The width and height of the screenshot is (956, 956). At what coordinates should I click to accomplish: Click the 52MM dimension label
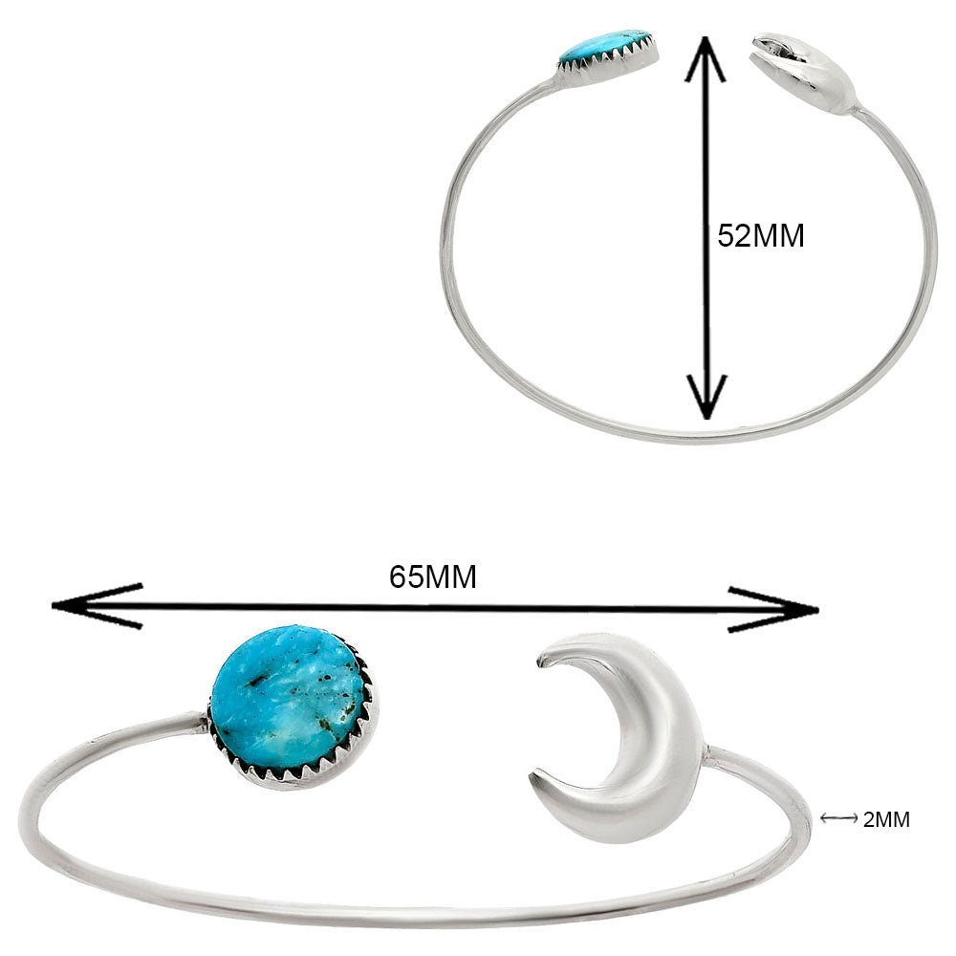[761, 235]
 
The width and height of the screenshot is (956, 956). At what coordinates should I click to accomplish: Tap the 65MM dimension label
[433, 576]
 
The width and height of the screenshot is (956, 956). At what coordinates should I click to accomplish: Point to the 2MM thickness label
[886, 819]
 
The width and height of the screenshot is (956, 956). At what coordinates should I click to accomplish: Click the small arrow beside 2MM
[838, 818]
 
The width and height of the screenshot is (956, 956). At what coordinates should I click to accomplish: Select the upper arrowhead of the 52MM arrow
[706, 57]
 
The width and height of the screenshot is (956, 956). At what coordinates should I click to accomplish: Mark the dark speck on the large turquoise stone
[256, 682]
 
